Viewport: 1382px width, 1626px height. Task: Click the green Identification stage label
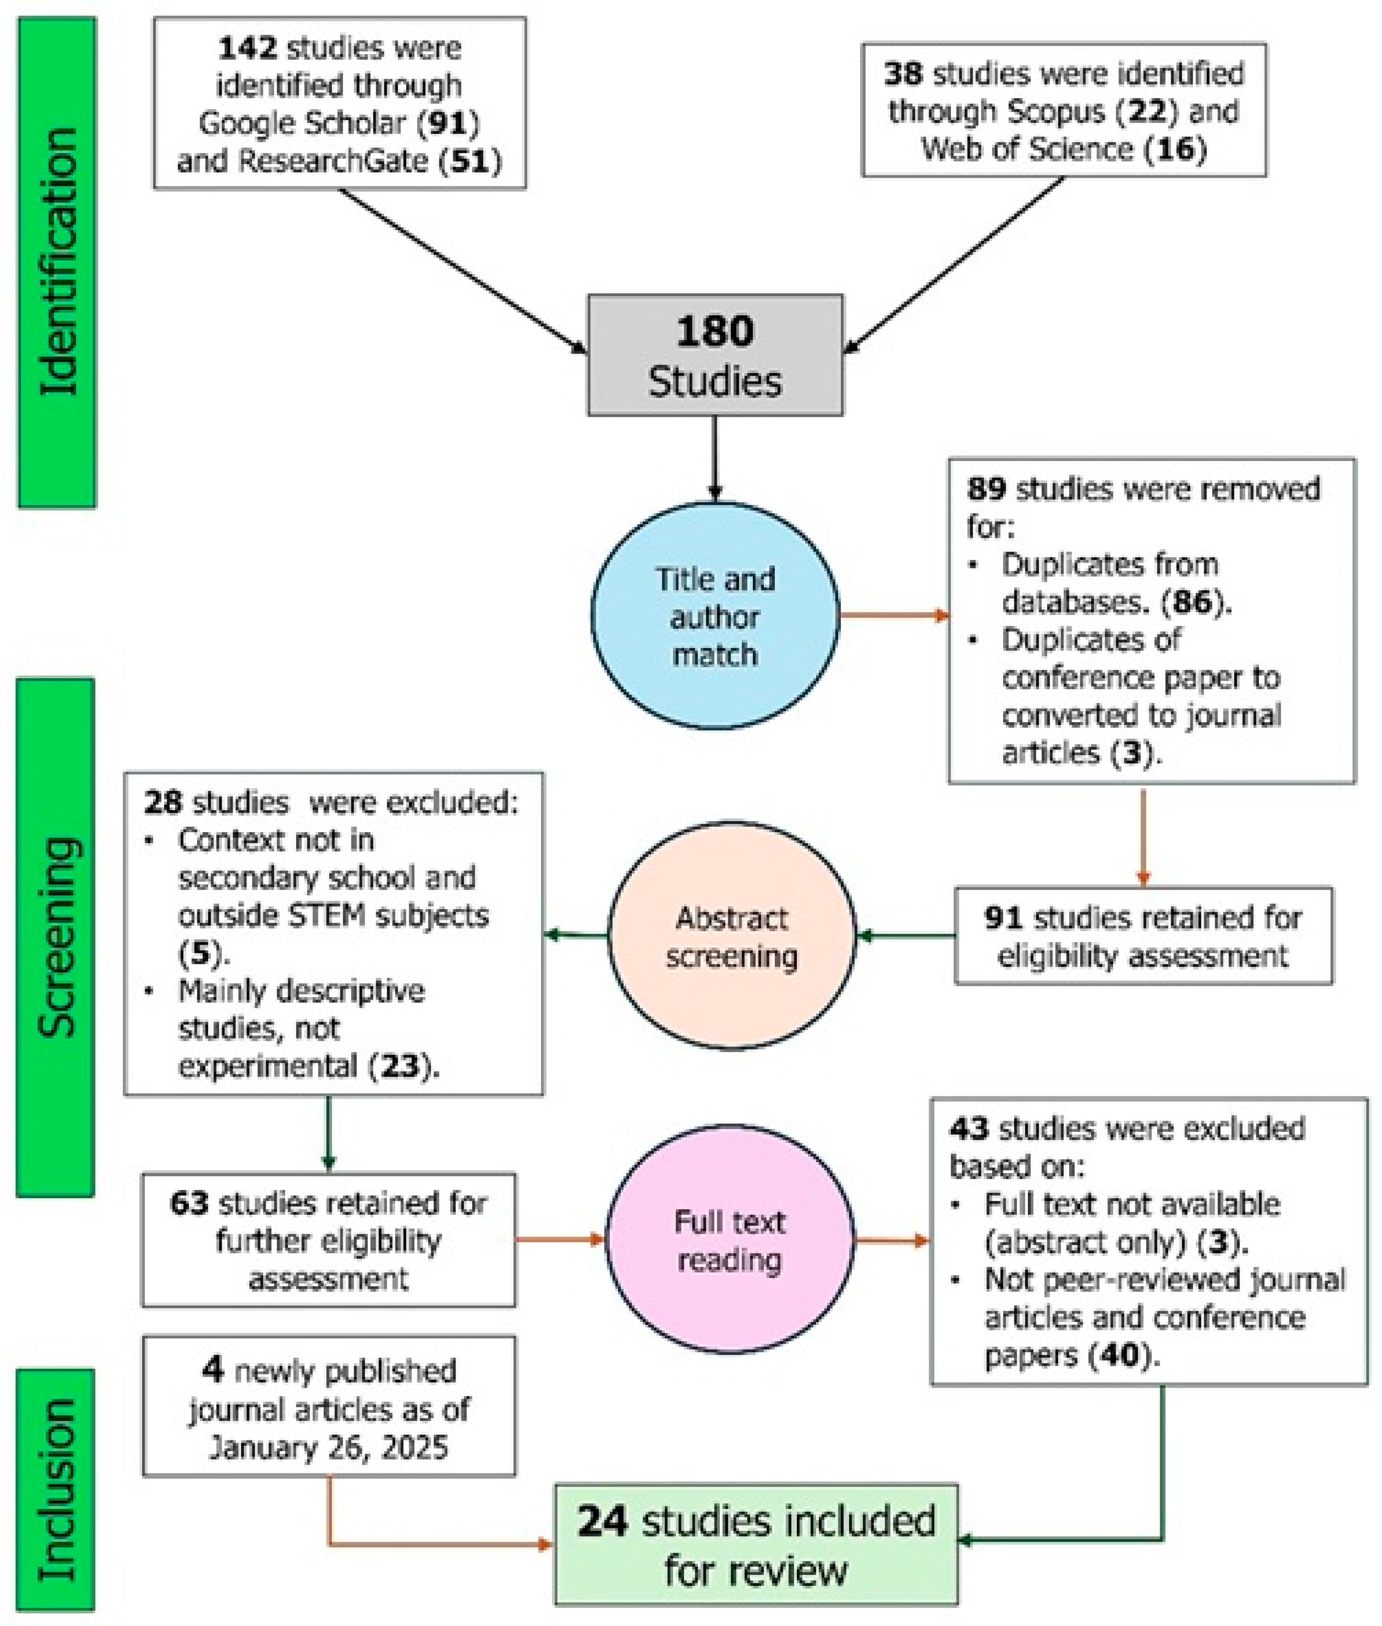coord(56,263)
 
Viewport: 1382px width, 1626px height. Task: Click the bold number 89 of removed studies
coord(986,489)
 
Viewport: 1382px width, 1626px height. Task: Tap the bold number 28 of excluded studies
coord(163,802)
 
